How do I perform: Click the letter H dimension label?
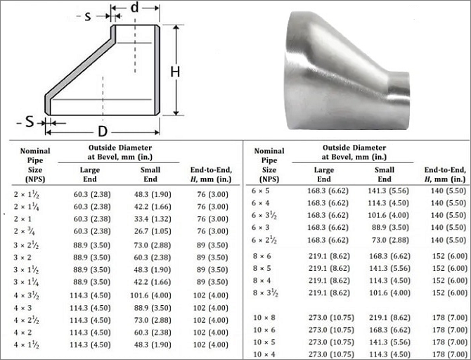pyautogui.click(x=175, y=72)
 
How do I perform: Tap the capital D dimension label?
pyautogui.click(x=103, y=131)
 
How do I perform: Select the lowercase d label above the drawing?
pyautogui.click(x=135, y=8)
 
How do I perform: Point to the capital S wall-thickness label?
pyautogui.click(x=29, y=122)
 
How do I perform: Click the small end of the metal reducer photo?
pyautogui.click(x=399, y=87)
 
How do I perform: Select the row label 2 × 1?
pyautogui.click(x=22, y=219)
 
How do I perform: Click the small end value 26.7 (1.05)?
pyautogui.click(x=153, y=231)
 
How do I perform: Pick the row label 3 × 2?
pyautogui.click(x=22, y=257)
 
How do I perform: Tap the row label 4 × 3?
pyautogui.click(x=22, y=308)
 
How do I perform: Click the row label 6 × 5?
pyautogui.click(x=260, y=191)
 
